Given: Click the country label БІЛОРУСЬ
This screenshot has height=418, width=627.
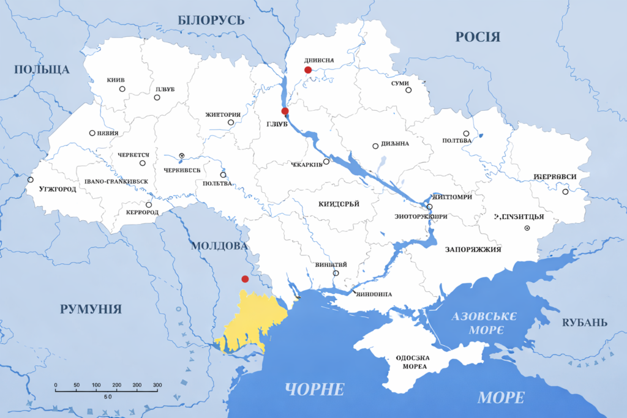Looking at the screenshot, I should click(x=211, y=20).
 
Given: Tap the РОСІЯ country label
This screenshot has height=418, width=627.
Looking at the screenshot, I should click(x=478, y=37).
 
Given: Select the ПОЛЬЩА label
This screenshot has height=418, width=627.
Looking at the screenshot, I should click(x=42, y=69).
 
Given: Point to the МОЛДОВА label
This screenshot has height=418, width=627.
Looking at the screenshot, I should click(x=219, y=246).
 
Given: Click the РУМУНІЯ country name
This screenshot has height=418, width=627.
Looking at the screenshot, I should click(x=91, y=309).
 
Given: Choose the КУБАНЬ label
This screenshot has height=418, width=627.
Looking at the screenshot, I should click(x=585, y=323).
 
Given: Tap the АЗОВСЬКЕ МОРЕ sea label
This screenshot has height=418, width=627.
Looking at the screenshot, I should click(x=484, y=323).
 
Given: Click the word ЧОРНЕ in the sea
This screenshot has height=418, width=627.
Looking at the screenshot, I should click(x=315, y=389).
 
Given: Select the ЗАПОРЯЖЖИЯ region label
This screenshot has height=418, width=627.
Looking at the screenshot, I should click(x=473, y=250).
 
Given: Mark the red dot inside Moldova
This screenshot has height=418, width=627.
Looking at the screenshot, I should click(x=245, y=279).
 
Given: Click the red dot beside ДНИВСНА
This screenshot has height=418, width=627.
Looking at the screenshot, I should click(x=308, y=70).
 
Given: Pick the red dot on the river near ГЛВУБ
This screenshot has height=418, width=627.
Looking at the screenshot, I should click(x=285, y=111).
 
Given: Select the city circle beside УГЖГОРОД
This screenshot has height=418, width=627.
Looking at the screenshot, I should click(x=31, y=180).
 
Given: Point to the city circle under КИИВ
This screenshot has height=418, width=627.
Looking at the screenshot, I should click(x=122, y=89).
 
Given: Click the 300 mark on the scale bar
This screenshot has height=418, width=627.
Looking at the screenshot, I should click(x=157, y=385).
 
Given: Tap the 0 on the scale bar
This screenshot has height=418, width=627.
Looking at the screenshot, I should click(x=56, y=385).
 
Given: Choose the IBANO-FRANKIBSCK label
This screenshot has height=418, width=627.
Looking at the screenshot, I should click(x=117, y=182).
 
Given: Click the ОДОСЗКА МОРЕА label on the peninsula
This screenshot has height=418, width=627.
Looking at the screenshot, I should click(x=411, y=362).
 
